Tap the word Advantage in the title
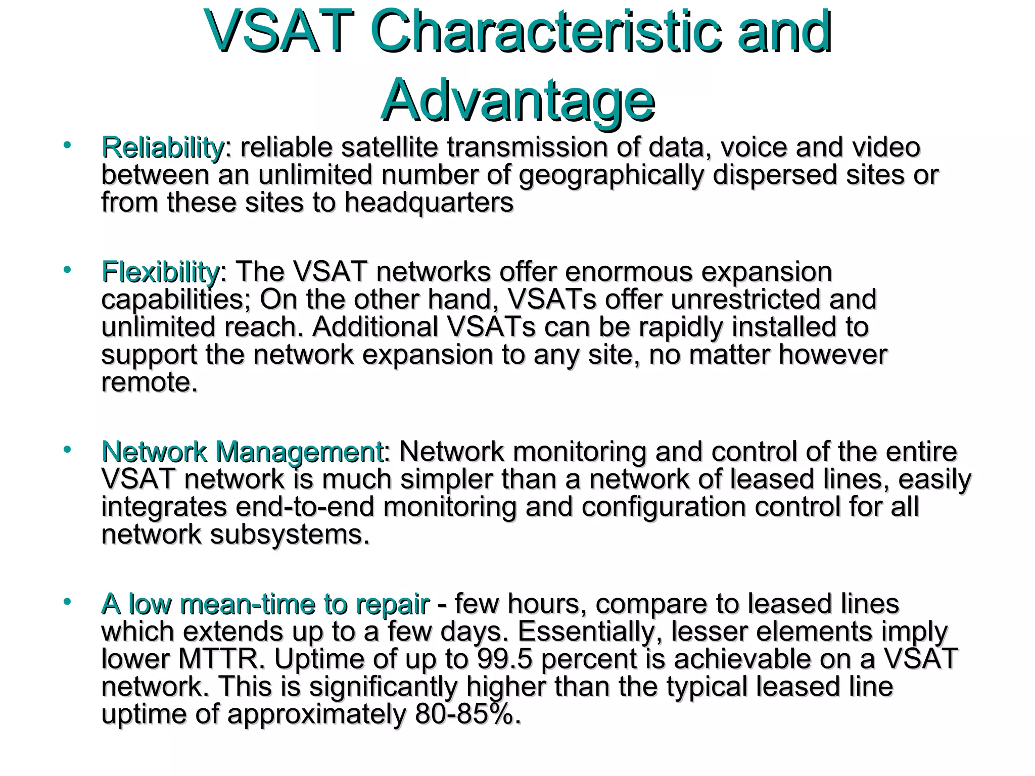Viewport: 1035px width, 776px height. tap(517, 101)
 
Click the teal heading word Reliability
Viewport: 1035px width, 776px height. tap(162, 148)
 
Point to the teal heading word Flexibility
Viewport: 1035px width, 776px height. tap(160, 272)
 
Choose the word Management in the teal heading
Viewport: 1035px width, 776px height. tap(299, 452)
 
